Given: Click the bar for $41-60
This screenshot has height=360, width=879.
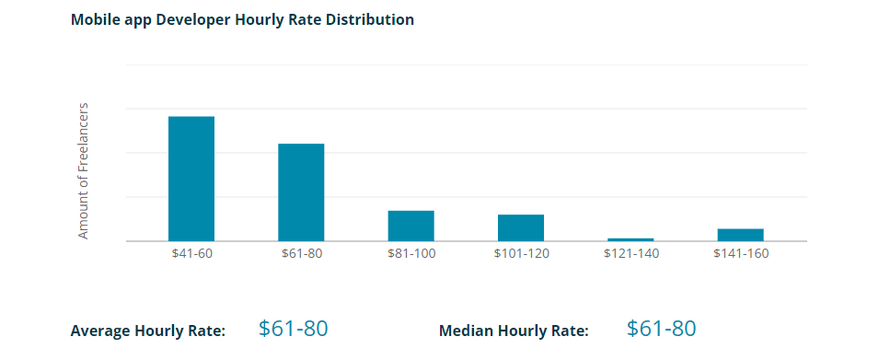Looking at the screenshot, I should tap(191, 179).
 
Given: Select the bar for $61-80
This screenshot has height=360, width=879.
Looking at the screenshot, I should tap(301, 192).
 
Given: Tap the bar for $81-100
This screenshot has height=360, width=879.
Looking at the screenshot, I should tap(411, 226).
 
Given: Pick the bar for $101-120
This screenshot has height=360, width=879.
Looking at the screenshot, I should tap(521, 227).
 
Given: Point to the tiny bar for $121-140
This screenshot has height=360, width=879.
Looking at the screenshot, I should tap(630, 239).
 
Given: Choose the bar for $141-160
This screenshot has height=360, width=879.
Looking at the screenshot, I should tap(740, 235).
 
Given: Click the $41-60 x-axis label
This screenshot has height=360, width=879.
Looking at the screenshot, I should tap(191, 254).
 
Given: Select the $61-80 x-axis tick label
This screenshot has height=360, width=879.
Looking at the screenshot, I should tap(301, 254).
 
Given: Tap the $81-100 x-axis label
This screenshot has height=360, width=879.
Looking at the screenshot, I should tap(411, 254).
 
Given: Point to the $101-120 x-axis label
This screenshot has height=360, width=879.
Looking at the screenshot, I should tap(521, 254).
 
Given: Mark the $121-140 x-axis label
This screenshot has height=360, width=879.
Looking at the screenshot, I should tap(630, 254).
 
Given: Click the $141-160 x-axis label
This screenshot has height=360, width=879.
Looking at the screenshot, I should tap(740, 254).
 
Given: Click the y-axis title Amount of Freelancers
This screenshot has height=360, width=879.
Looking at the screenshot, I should tap(83, 171).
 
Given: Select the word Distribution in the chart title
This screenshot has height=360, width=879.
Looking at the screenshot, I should tap(369, 19).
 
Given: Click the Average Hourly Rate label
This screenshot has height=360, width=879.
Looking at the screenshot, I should tap(147, 331).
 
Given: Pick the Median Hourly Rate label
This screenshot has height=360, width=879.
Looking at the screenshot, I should tap(514, 331).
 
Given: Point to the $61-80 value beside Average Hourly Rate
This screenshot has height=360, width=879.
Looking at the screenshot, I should tap(293, 329).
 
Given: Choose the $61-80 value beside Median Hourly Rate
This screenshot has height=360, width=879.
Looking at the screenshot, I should tap(661, 329).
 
